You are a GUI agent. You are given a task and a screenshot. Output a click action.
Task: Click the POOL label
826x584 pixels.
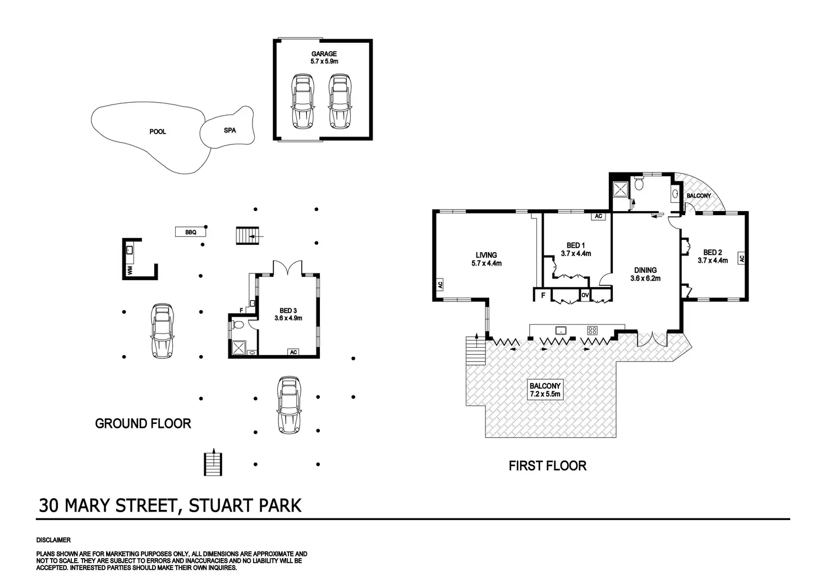coord(158,132)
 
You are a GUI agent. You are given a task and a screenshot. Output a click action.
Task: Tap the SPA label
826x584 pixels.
coord(230,130)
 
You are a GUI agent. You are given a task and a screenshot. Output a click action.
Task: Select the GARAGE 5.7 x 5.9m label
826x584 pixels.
coord(324,57)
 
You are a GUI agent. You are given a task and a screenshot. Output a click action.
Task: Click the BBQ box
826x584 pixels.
coord(191,232)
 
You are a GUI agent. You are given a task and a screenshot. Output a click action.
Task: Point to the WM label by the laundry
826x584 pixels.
coord(130,271)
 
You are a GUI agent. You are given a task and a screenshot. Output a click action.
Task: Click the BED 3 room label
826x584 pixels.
coord(288,314)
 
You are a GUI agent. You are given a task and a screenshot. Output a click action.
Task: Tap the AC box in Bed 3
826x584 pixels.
coord(293,352)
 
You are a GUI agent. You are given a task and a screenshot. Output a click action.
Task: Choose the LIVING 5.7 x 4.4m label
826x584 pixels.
coord(486,259)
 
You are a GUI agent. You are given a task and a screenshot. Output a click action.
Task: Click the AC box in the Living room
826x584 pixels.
coord(440,285)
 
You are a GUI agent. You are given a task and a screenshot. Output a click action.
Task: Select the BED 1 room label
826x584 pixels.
coord(576,249)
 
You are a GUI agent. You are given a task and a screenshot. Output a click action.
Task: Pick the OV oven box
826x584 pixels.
coord(585,295)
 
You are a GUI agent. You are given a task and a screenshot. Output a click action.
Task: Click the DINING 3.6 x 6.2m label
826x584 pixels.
coord(645,274)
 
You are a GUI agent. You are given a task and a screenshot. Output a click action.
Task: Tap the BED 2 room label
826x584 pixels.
coord(713,256)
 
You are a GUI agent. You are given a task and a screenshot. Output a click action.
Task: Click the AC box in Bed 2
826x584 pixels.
coord(741,259)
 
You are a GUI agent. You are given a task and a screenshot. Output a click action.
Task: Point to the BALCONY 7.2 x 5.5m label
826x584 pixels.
coord(545,390)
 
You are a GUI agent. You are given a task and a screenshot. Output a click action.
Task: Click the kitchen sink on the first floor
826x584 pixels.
coord(559,330)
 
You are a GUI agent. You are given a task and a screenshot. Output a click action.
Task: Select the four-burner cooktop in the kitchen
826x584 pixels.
coord(592,330)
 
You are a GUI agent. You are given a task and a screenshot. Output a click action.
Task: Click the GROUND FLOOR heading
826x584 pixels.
coord(143,424)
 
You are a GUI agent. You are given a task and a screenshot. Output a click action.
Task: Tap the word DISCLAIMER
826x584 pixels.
coord(54,540)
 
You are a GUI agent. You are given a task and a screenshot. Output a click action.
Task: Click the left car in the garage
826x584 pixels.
coord(302,102)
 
